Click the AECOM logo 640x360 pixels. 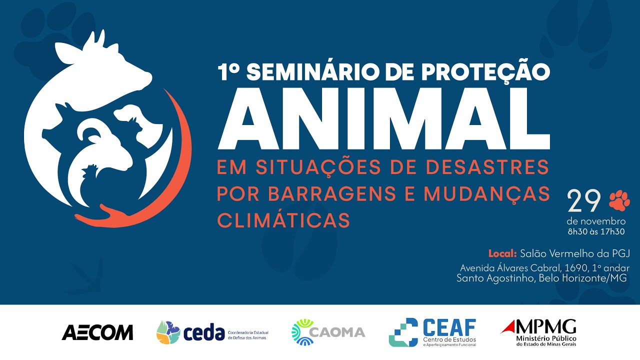tap(97, 332)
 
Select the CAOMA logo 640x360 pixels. tap(328, 332)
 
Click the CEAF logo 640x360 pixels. tap(433, 332)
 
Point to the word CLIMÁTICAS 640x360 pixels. tap(283, 220)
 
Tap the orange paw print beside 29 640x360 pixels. tap(619, 200)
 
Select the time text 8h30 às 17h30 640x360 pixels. tap(596, 231)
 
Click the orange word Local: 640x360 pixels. tap(502, 253)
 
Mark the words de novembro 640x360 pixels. tap(596, 221)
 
